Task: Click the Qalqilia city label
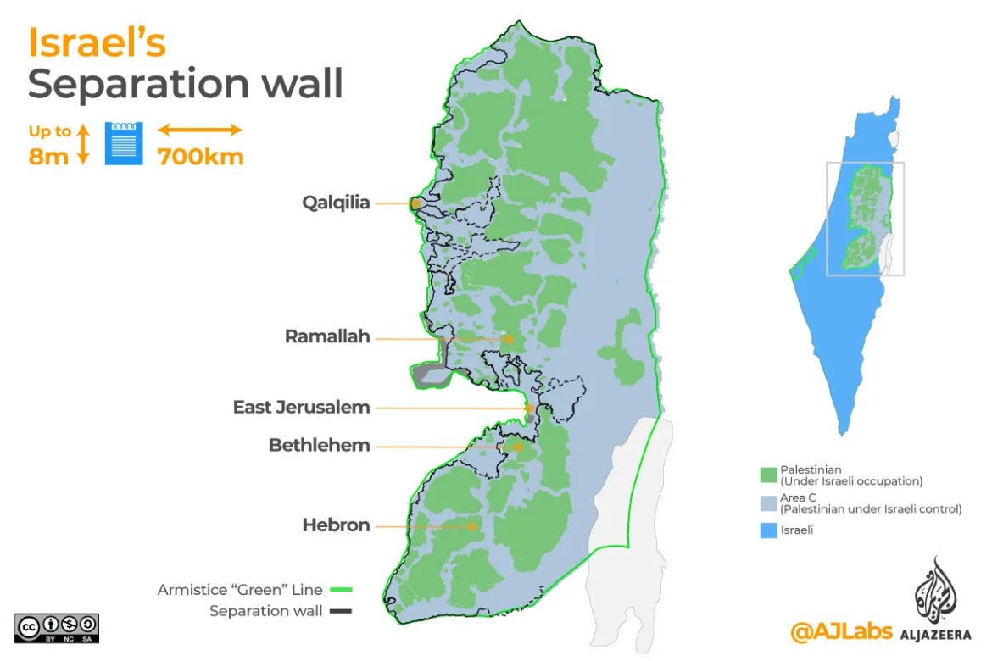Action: [x=336, y=203]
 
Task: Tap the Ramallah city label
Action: [x=327, y=336]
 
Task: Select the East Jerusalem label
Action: [x=301, y=408]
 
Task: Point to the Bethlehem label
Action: [x=319, y=445]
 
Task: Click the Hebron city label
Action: [x=336, y=525]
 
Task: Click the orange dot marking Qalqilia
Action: [x=415, y=203]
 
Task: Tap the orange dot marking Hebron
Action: [x=472, y=526]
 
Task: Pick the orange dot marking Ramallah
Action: [x=509, y=339]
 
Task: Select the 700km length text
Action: [x=200, y=157]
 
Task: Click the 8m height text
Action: [x=48, y=157]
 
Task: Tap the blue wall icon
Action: [x=124, y=143]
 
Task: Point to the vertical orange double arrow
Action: [x=83, y=144]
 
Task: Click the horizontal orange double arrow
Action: [x=200, y=130]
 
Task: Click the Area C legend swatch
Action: [x=769, y=503]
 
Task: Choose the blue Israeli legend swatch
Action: [x=769, y=531]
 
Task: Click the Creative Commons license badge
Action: [x=57, y=627]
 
